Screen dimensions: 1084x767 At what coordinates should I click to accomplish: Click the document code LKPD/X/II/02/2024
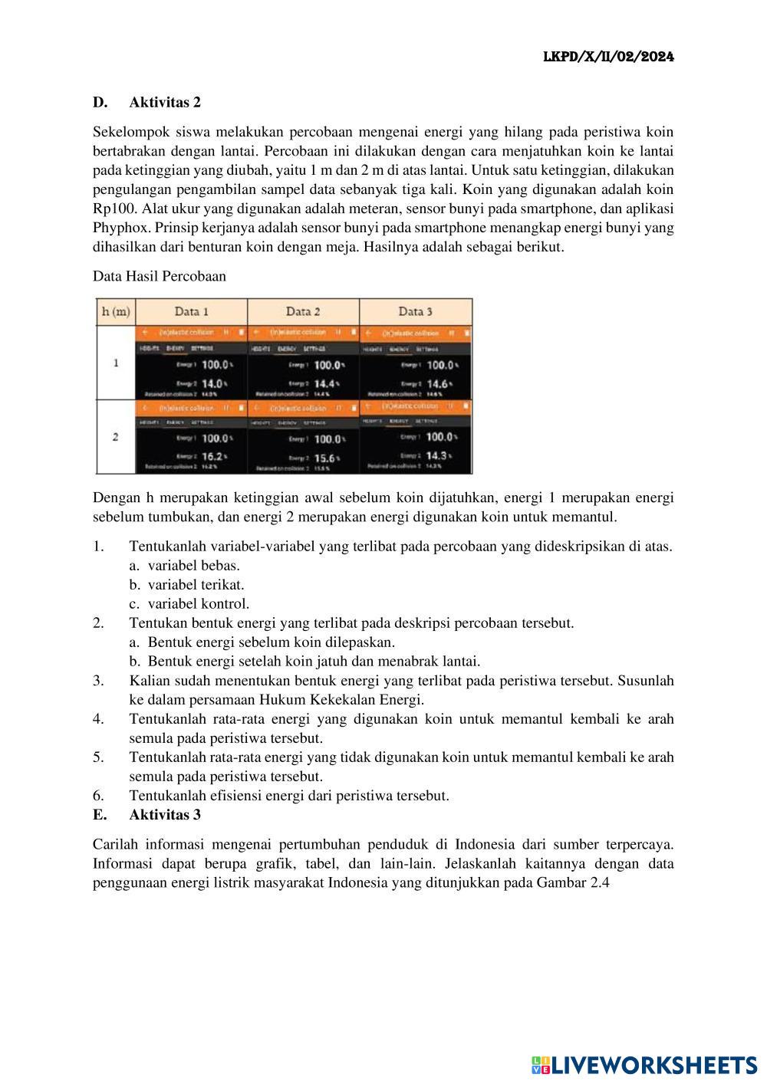coord(608,57)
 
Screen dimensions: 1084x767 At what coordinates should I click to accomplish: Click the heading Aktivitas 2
coord(165,102)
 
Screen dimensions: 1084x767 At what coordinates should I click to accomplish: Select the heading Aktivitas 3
coord(165,814)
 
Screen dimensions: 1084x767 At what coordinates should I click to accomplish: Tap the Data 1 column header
coord(192,311)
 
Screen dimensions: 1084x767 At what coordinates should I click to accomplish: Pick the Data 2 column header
coord(303,311)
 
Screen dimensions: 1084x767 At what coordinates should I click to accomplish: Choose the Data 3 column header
coord(415,311)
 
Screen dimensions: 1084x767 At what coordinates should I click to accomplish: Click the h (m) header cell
coord(115,311)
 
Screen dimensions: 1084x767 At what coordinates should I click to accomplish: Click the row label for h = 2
coord(115,437)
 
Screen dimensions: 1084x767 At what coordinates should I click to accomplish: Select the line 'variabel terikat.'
coord(196,584)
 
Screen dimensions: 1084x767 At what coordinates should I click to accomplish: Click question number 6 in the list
coord(98,795)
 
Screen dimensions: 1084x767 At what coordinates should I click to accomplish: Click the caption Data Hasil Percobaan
coord(160,276)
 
